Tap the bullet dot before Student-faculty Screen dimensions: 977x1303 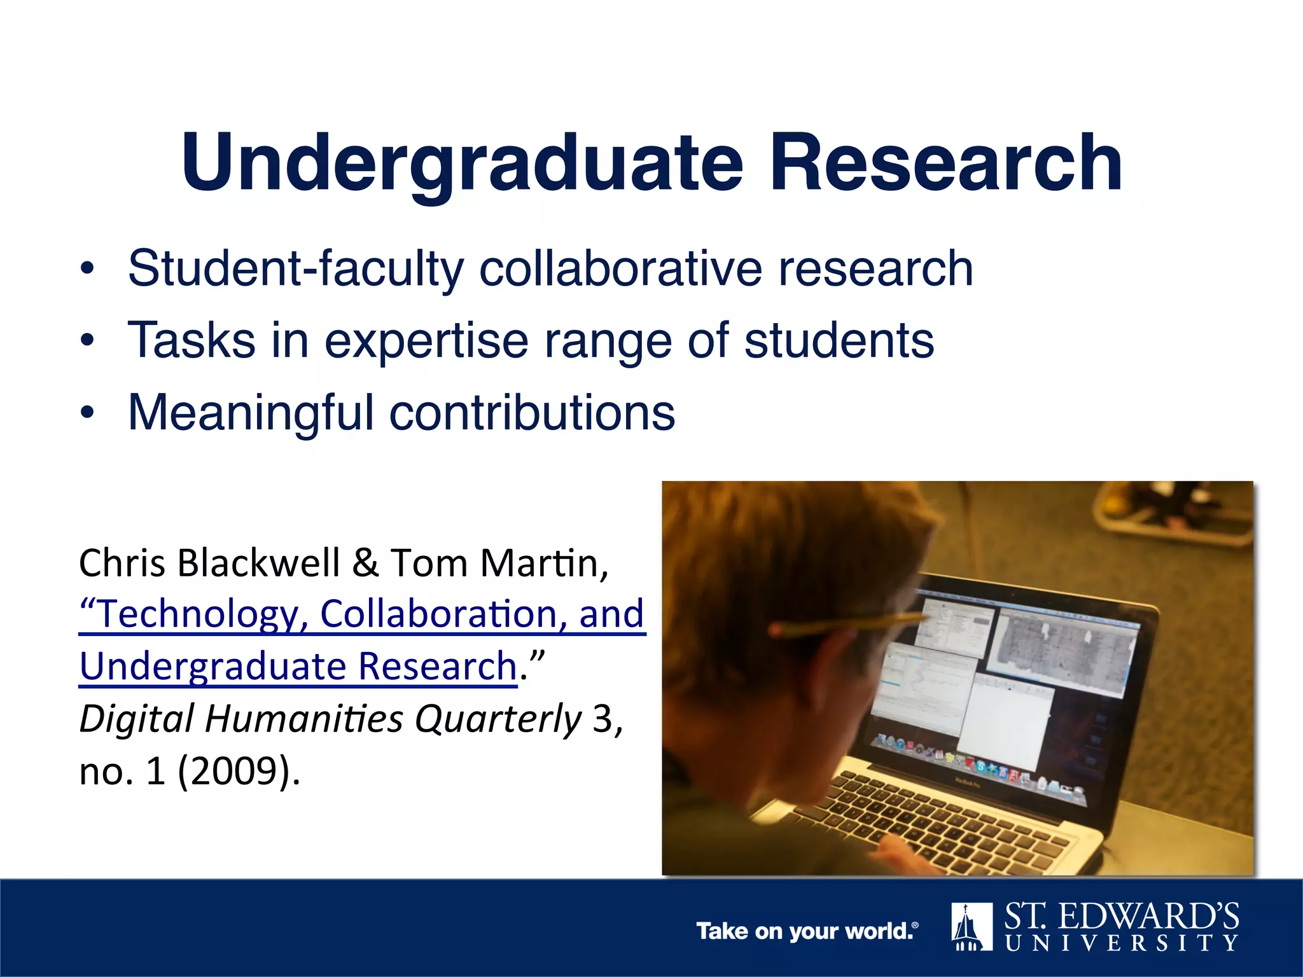(x=87, y=269)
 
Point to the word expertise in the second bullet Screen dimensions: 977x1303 (x=426, y=342)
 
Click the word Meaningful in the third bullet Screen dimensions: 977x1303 (x=251, y=413)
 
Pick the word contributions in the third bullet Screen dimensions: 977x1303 (x=532, y=413)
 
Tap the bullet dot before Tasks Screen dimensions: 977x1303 (x=87, y=342)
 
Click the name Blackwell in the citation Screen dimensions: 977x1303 (x=259, y=563)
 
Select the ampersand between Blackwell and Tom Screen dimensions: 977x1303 (x=365, y=563)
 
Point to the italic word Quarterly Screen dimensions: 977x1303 (x=498, y=719)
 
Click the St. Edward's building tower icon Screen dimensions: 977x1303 (x=972, y=927)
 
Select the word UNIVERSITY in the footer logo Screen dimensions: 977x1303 (x=1122, y=943)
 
